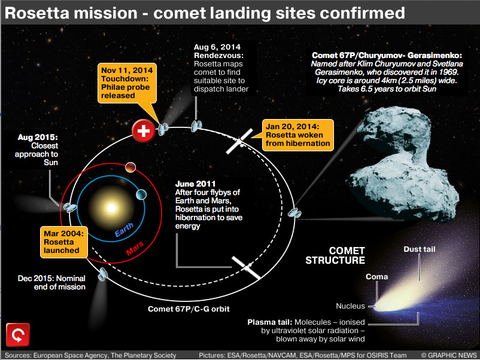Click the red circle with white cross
(x=143, y=131)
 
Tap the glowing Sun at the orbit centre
(x=111, y=208)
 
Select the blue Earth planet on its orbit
(x=141, y=194)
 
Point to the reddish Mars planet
(x=130, y=167)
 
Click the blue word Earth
(x=124, y=230)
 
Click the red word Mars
(x=135, y=248)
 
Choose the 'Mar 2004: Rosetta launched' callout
(x=64, y=242)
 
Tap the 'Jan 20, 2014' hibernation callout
(x=297, y=135)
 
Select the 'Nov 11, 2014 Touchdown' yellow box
(x=127, y=83)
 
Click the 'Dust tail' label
(x=420, y=249)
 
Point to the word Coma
(x=377, y=276)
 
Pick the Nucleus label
(x=350, y=306)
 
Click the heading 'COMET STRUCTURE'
(x=335, y=255)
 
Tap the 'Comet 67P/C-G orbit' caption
(x=189, y=309)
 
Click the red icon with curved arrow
(x=18, y=335)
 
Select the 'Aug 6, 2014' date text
(x=217, y=47)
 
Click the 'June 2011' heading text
(x=195, y=184)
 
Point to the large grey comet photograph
(x=405, y=163)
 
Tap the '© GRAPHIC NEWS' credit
(x=449, y=355)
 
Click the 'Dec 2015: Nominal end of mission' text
(x=51, y=283)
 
